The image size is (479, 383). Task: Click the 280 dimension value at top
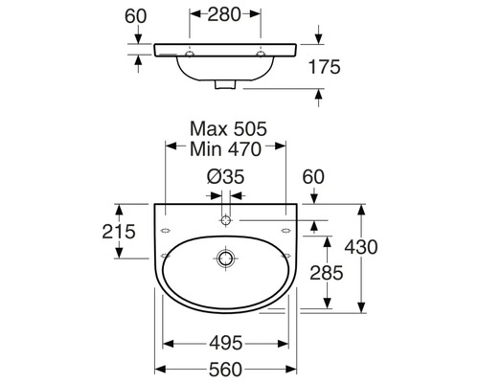tap(224, 14)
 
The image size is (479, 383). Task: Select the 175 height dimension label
tap(325, 67)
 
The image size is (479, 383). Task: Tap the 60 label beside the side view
tap(136, 16)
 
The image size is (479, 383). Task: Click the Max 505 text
tap(228, 129)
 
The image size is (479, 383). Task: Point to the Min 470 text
tap(225, 149)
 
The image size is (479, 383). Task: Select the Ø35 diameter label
tap(225, 176)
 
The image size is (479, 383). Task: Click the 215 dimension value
tap(119, 232)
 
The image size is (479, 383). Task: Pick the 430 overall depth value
tap(361, 247)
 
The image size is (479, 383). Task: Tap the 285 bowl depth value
tap(327, 273)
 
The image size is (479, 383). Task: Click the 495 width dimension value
tap(226, 344)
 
